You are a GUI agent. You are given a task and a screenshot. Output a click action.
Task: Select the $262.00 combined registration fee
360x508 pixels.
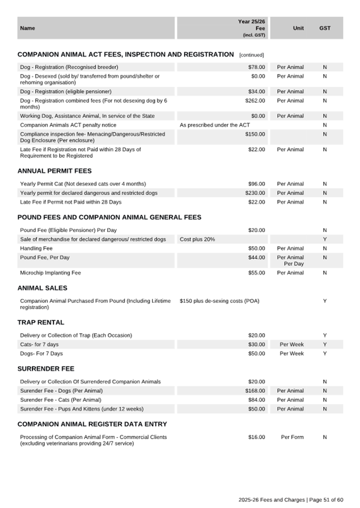(x=255, y=101)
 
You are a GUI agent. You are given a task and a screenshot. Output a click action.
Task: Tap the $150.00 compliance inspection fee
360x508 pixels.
(x=255, y=134)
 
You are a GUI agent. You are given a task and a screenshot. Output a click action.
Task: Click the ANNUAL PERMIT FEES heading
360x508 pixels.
(x=54, y=171)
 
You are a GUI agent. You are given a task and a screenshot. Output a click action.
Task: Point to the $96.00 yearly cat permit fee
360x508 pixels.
(x=256, y=184)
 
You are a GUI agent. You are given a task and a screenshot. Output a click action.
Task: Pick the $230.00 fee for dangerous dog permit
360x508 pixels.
(x=255, y=193)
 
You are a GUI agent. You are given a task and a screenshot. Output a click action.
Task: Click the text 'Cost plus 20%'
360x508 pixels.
(x=197, y=239)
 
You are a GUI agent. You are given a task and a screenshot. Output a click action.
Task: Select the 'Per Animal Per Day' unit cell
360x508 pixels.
(x=290, y=261)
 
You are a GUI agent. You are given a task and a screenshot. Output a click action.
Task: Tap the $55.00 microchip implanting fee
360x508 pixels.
(x=256, y=273)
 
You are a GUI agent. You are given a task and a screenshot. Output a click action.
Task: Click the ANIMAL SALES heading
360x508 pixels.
(x=42, y=288)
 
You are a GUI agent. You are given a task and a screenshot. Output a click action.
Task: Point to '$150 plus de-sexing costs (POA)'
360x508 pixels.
(x=220, y=301)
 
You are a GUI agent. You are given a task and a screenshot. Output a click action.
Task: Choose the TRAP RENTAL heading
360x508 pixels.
(x=41, y=322)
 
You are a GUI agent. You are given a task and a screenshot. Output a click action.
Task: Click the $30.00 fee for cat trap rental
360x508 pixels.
(x=256, y=344)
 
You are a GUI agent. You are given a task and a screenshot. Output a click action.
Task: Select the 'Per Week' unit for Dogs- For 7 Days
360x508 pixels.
(x=292, y=353)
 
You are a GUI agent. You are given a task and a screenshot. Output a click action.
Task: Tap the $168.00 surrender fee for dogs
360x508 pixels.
(x=255, y=391)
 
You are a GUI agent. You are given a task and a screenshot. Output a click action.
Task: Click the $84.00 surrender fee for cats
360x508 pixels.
(x=256, y=400)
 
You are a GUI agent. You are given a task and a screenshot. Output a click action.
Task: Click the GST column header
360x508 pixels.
(x=325, y=28)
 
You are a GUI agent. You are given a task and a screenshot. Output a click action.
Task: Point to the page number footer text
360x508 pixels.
(x=291, y=499)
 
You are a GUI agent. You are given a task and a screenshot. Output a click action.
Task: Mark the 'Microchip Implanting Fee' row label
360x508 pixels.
(x=50, y=273)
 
